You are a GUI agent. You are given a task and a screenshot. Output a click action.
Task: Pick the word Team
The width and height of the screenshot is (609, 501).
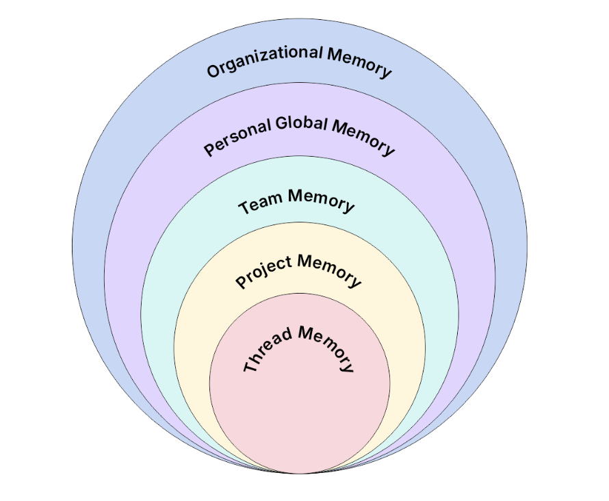pos(261,203)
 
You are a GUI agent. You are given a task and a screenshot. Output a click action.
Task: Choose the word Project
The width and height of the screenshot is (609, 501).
pos(263,271)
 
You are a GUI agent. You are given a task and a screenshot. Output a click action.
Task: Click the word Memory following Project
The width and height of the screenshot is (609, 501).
pos(330,270)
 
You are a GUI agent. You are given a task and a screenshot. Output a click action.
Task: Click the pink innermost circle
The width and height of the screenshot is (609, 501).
pos(300,411)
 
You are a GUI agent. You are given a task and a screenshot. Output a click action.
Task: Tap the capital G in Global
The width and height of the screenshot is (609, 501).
pos(282,125)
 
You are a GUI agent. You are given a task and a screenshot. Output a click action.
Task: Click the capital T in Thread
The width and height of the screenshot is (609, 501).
pos(249,367)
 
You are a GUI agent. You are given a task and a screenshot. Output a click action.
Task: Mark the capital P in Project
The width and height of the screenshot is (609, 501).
pos(241,281)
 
